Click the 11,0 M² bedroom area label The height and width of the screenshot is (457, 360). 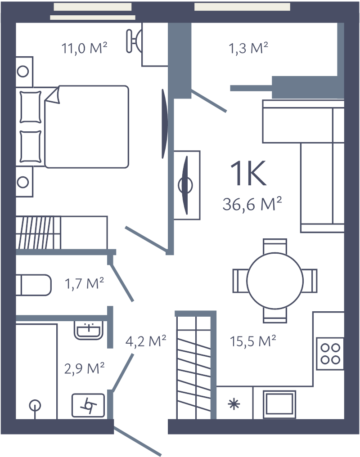coord(84,48)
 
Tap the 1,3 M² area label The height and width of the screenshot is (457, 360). coord(248,48)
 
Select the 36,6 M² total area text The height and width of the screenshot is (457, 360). coord(252,205)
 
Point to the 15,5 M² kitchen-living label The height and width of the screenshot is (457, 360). coord(252,341)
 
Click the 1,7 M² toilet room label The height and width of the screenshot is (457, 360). coord(85,283)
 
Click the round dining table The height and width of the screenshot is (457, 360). coord(275,280)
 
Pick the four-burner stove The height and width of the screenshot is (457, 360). coord(330,353)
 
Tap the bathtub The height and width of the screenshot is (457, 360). coord(36,371)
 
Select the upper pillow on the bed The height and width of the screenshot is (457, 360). coord(31,106)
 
